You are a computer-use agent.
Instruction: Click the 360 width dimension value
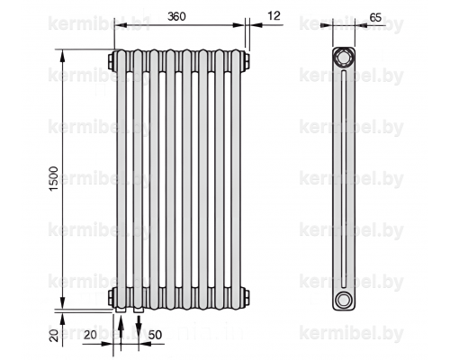(x=176, y=16)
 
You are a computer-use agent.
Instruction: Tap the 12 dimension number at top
(x=274, y=15)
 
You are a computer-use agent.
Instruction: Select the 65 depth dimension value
(x=375, y=18)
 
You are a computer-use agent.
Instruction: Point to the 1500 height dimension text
(x=53, y=179)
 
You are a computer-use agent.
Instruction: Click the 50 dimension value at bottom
(x=155, y=335)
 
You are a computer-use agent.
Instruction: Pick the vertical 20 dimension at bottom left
(x=54, y=336)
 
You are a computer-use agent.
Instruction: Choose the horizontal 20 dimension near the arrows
(x=90, y=335)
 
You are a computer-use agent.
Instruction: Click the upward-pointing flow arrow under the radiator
(x=121, y=332)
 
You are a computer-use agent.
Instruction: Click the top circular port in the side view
(x=343, y=57)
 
